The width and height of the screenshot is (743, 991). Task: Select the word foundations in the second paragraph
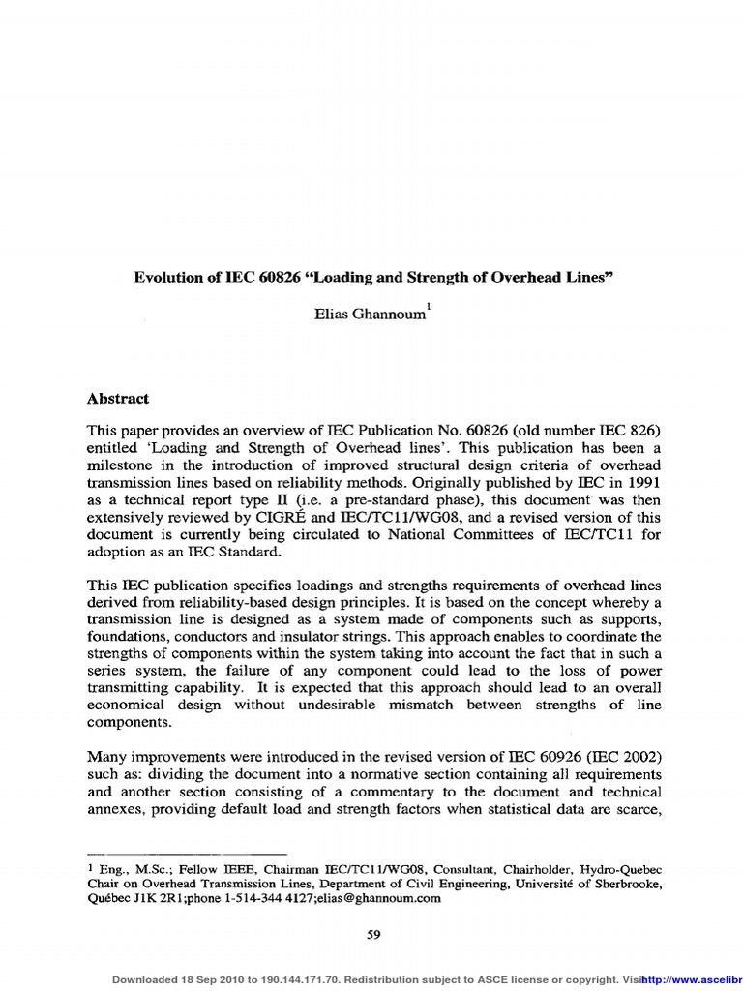point(129,637)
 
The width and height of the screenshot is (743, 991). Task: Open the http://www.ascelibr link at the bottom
point(692,979)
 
